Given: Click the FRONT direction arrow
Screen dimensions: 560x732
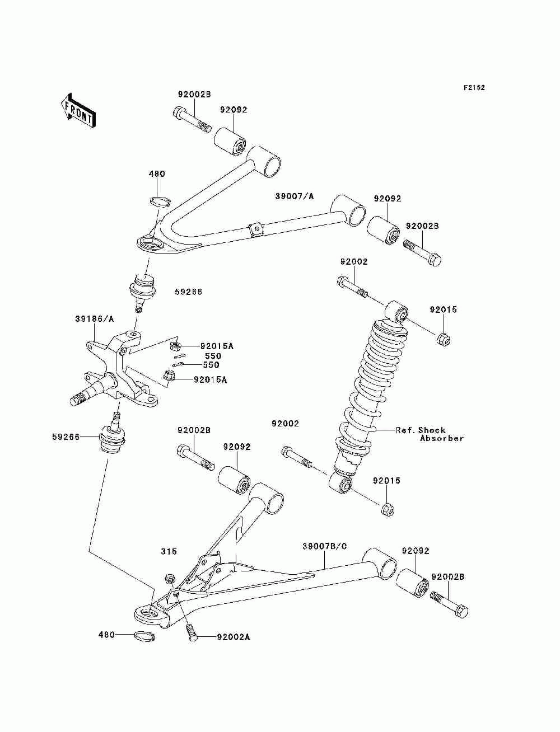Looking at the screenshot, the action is point(78,110).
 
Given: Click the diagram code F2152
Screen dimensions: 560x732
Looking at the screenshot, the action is point(474,88).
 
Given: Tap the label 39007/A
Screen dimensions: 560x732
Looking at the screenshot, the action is point(295,196).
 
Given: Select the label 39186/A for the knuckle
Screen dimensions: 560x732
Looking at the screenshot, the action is point(95,319).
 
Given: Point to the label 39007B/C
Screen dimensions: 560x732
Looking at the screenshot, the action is point(325,546).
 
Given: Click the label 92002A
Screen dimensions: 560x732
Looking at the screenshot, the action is point(234,637).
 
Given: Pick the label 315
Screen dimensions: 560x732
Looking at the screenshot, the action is point(169,552).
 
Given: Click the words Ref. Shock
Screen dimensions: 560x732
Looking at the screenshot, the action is point(421,430).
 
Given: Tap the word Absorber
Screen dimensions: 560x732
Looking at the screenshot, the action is point(442,439).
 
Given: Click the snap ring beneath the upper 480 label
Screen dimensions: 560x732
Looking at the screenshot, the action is point(160,201).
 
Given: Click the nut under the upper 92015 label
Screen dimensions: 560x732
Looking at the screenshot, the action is point(444,339).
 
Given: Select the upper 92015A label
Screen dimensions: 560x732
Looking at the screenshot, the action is point(217,346).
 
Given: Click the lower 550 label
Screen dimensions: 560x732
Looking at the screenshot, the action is point(211,365).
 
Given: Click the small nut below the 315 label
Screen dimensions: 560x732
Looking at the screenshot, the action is point(170,578).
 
